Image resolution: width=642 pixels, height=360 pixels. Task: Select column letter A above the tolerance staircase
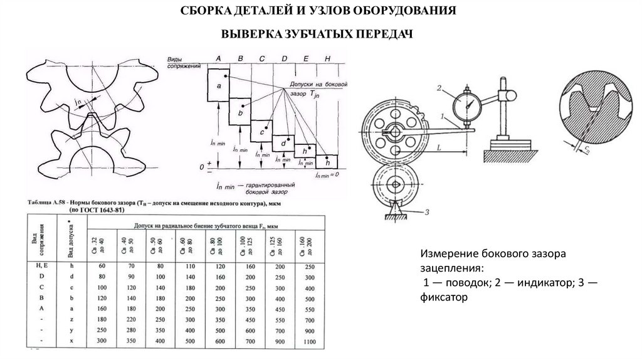218,58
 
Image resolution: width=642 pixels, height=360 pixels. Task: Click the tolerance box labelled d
283,144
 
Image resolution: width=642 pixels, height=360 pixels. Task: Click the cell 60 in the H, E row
96,267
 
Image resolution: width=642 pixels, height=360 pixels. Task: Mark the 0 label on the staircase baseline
201,167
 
